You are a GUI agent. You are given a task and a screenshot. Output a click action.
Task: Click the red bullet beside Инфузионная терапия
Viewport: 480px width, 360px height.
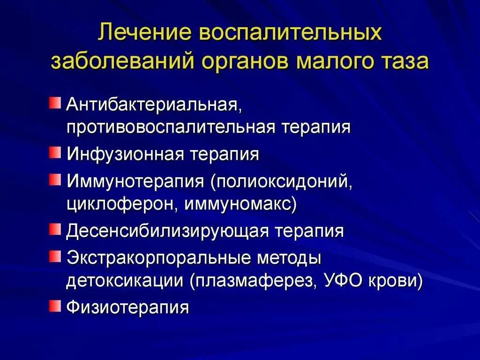pyautogui.click(x=56, y=152)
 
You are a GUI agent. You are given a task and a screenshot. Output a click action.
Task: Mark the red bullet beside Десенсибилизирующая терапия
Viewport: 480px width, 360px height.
pyautogui.click(x=56, y=229)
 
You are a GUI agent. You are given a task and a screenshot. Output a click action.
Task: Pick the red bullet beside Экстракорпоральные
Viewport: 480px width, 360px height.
pyautogui.click(x=56, y=256)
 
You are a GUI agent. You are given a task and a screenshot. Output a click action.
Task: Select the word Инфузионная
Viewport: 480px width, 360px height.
pyautogui.click(x=125, y=154)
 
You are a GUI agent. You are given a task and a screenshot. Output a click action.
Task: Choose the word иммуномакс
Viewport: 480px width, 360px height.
pyautogui.click(x=239, y=205)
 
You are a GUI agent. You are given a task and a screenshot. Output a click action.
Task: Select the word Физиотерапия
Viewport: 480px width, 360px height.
pyautogui.click(x=127, y=308)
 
